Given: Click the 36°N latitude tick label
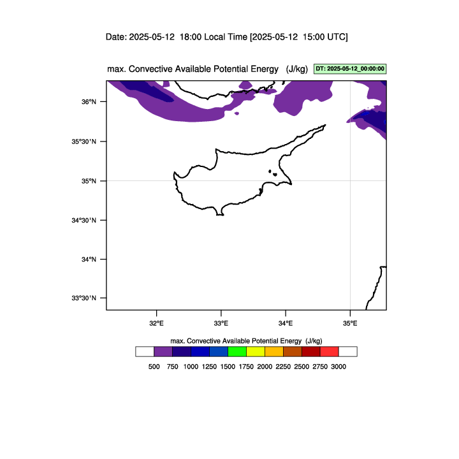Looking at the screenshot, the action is tap(89, 102).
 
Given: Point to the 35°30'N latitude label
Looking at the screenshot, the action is tap(84, 142).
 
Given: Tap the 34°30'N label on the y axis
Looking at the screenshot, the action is tap(84, 220).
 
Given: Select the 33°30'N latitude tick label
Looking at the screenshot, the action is tap(84, 298).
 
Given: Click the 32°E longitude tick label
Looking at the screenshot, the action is tap(157, 323).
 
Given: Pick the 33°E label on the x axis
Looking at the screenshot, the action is tap(221, 323).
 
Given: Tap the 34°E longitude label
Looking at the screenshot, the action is tap(286, 323).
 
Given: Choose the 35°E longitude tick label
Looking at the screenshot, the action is tap(350, 323).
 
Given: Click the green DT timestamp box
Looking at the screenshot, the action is tap(350, 69).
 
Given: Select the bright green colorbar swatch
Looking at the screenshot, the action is tap(237, 351).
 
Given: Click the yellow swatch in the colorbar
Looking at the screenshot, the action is tap(256, 351).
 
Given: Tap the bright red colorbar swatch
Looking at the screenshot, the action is tap(330, 351).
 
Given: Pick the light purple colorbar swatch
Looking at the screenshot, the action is tap(163, 351).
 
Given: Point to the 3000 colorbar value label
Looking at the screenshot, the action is tap(339, 367).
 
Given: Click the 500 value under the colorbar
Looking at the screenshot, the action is tap(154, 367).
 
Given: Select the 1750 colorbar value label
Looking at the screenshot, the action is tap(246, 367).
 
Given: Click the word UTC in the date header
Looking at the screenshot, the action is tap(337, 37).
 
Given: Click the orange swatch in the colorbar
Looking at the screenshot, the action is tap(274, 351).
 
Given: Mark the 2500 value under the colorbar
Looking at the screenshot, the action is tap(302, 367).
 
